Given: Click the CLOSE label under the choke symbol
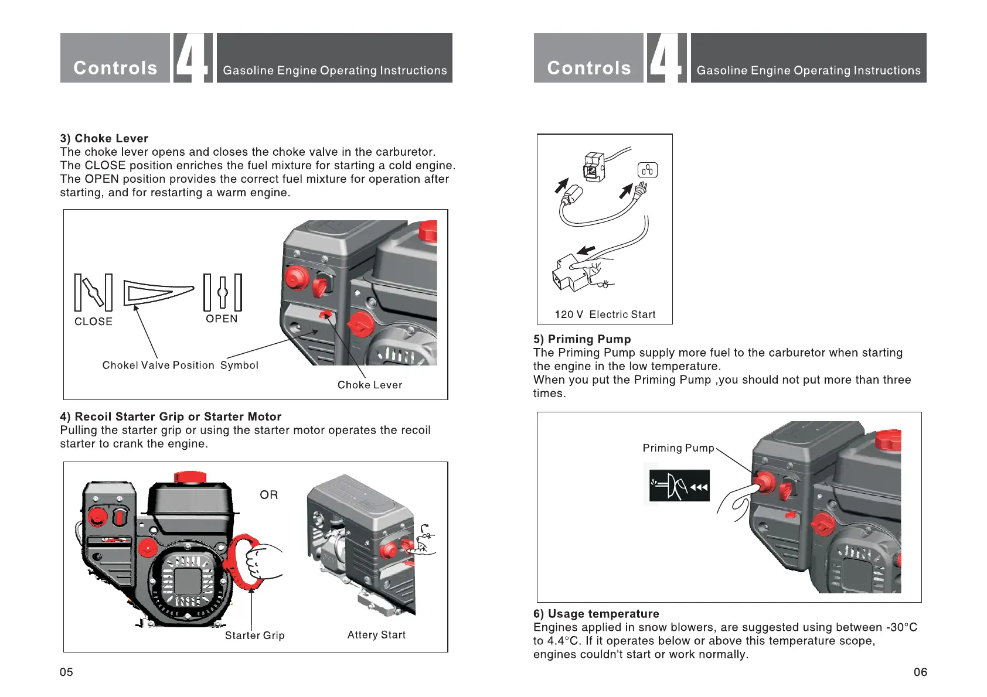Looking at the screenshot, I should pyautogui.click(x=93, y=322).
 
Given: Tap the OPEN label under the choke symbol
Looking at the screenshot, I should pyautogui.click(x=222, y=319).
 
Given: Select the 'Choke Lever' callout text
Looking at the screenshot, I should pyautogui.click(x=370, y=385).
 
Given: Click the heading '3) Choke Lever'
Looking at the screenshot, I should pyautogui.click(x=104, y=138).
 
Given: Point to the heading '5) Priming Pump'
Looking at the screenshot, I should pyautogui.click(x=582, y=339).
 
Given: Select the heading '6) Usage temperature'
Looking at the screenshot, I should pyautogui.click(x=596, y=614).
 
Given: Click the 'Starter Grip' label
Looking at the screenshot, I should pyautogui.click(x=255, y=635).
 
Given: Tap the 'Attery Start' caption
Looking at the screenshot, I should pyautogui.click(x=376, y=635).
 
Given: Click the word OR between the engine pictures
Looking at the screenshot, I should pyautogui.click(x=269, y=495).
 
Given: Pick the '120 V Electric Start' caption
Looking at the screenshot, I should pyautogui.click(x=605, y=315).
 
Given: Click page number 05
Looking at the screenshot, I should pyautogui.click(x=66, y=672).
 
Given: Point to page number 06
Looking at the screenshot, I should pyautogui.click(x=920, y=672).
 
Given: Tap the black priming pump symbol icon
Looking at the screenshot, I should pyautogui.click(x=679, y=486).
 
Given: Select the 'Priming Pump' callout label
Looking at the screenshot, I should pyautogui.click(x=678, y=448).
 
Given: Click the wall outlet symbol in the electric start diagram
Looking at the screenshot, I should pyautogui.click(x=648, y=170).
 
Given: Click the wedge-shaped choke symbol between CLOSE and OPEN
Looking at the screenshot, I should pyautogui.click(x=156, y=292).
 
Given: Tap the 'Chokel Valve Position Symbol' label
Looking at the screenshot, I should pyautogui.click(x=180, y=365).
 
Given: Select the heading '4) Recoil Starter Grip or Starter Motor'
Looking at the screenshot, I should pyautogui.click(x=171, y=416).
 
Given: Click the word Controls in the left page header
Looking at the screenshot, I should pyautogui.click(x=115, y=68).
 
